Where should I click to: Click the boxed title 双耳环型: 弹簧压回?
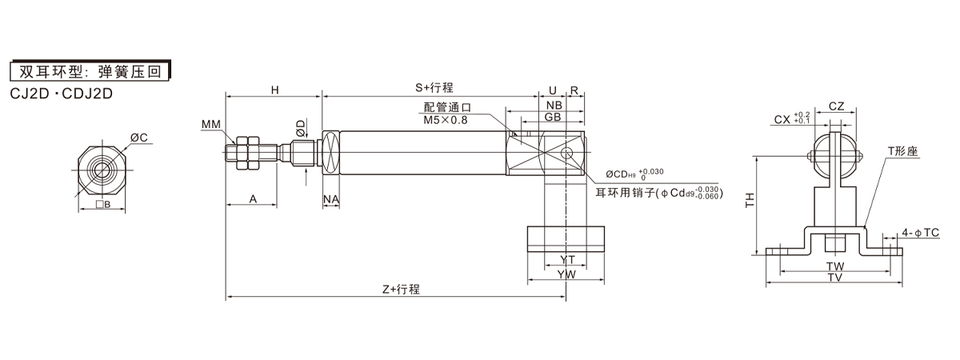coord(90,70)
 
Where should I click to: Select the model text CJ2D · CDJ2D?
coord(62,93)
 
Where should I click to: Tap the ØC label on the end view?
coord(138,138)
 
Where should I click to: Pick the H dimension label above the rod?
coord(274,90)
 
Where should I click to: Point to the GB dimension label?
coord(553,118)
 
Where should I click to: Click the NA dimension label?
coord(331,198)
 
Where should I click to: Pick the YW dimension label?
coord(566,274)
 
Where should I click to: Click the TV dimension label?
coord(835,278)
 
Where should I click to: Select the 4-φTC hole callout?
coord(920,233)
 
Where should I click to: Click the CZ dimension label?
coord(837,106)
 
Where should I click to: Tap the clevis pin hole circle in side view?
coord(567,153)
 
